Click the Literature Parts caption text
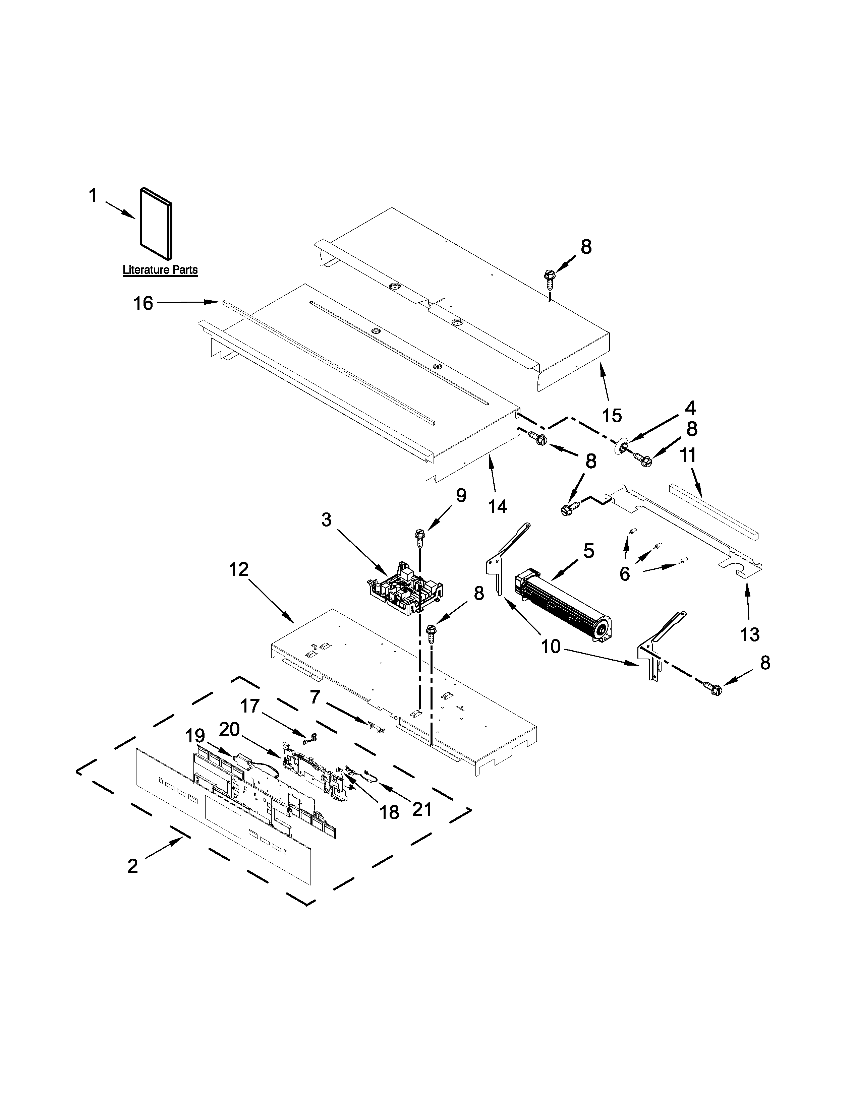[160, 270]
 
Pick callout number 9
[460, 495]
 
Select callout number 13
[750, 634]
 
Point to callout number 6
[625, 574]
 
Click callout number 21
[422, 809]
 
